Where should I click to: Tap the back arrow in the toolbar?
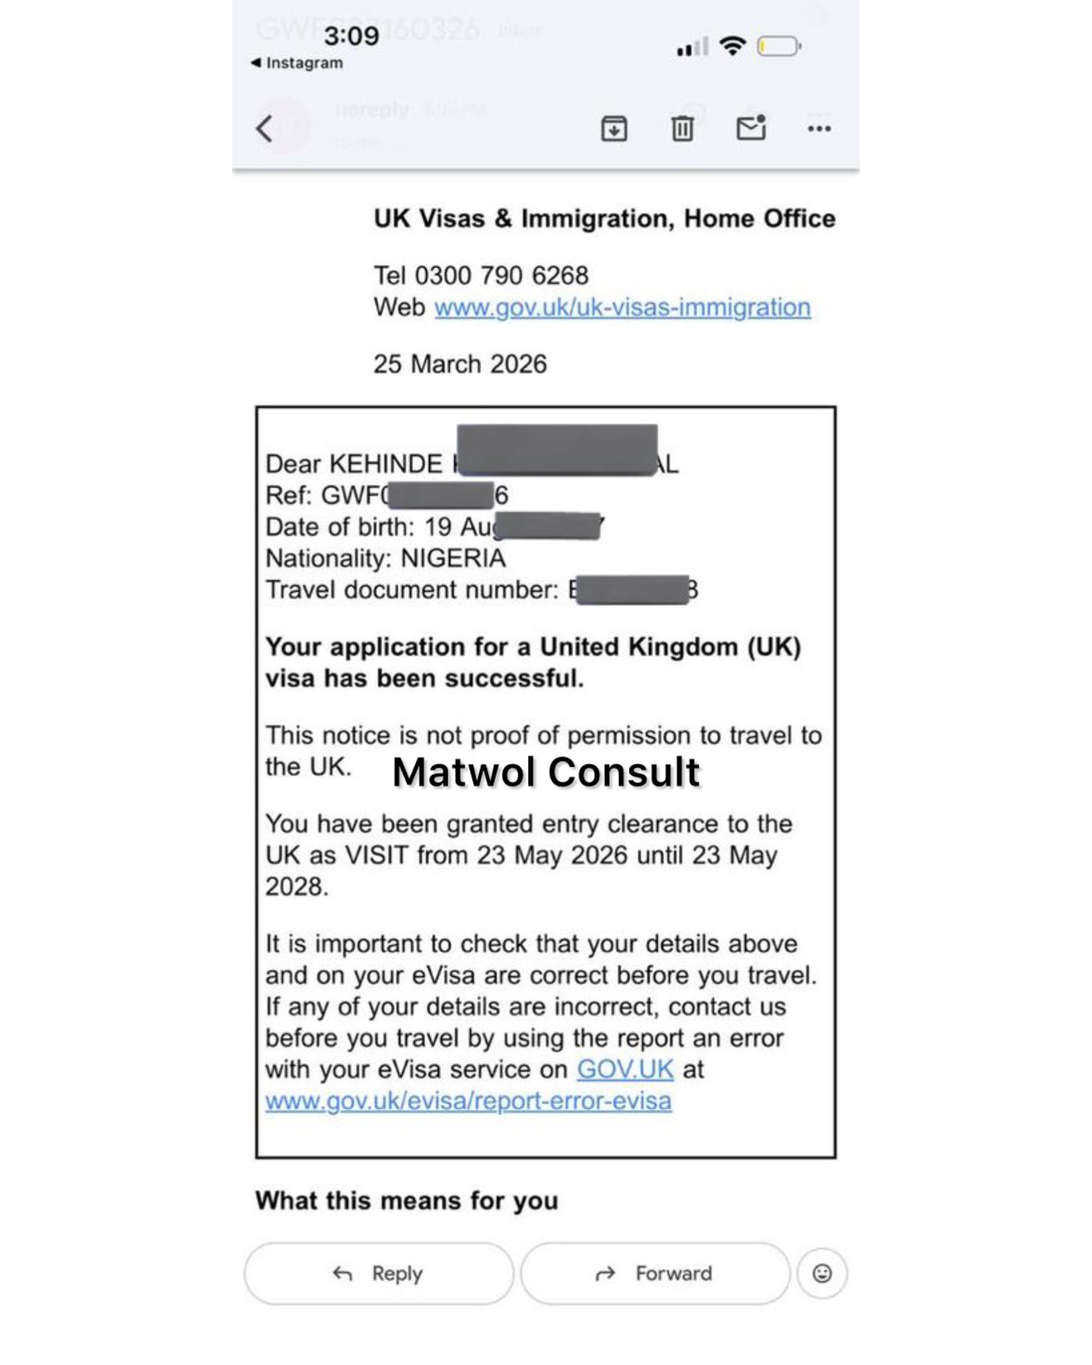coord(264,128)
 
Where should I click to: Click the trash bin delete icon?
coord(682,128)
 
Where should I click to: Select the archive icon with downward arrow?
coord(614,128)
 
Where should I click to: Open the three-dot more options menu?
coord(819,128)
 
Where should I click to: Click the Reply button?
coord(379,1273)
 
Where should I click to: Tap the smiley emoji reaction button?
coord(822,1273)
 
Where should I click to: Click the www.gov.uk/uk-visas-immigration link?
coord(622,307)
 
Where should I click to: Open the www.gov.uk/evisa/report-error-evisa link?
coord(468,1101)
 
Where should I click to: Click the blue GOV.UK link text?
coord(625,1069)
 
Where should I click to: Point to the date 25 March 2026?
coord(460,364)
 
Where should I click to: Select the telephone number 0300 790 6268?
coord(501,275)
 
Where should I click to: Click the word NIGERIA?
coord(453,558)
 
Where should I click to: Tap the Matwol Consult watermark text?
coord(546,772)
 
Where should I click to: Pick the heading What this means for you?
coord(406,1200)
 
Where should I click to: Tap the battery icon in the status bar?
coord(779,47)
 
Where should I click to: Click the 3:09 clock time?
coord(351,35)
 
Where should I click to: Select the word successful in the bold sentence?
coord(514,678)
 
